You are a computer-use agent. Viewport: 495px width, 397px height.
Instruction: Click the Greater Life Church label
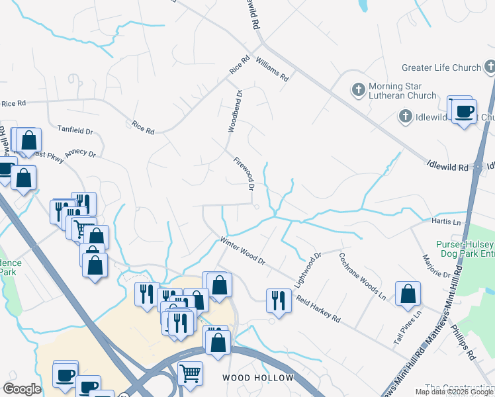pyautogui.click(x=441, y=67)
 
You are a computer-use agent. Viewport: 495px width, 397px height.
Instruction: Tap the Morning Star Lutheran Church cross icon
pyautogui.click(x=358, y=89)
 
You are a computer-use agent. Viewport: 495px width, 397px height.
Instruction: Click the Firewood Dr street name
pyautogui.click(x=244, y=173)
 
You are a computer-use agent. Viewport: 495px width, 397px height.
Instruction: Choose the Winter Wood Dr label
pyautogui.click(x=242, y=251)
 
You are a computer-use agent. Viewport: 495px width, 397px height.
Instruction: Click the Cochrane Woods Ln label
pyautogui.click(x=362, y=277)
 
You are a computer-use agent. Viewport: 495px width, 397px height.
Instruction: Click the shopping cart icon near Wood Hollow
pyautogui.click(x=190, y=373)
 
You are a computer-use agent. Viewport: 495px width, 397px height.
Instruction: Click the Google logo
pyautogui.click(x=22, y=389)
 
